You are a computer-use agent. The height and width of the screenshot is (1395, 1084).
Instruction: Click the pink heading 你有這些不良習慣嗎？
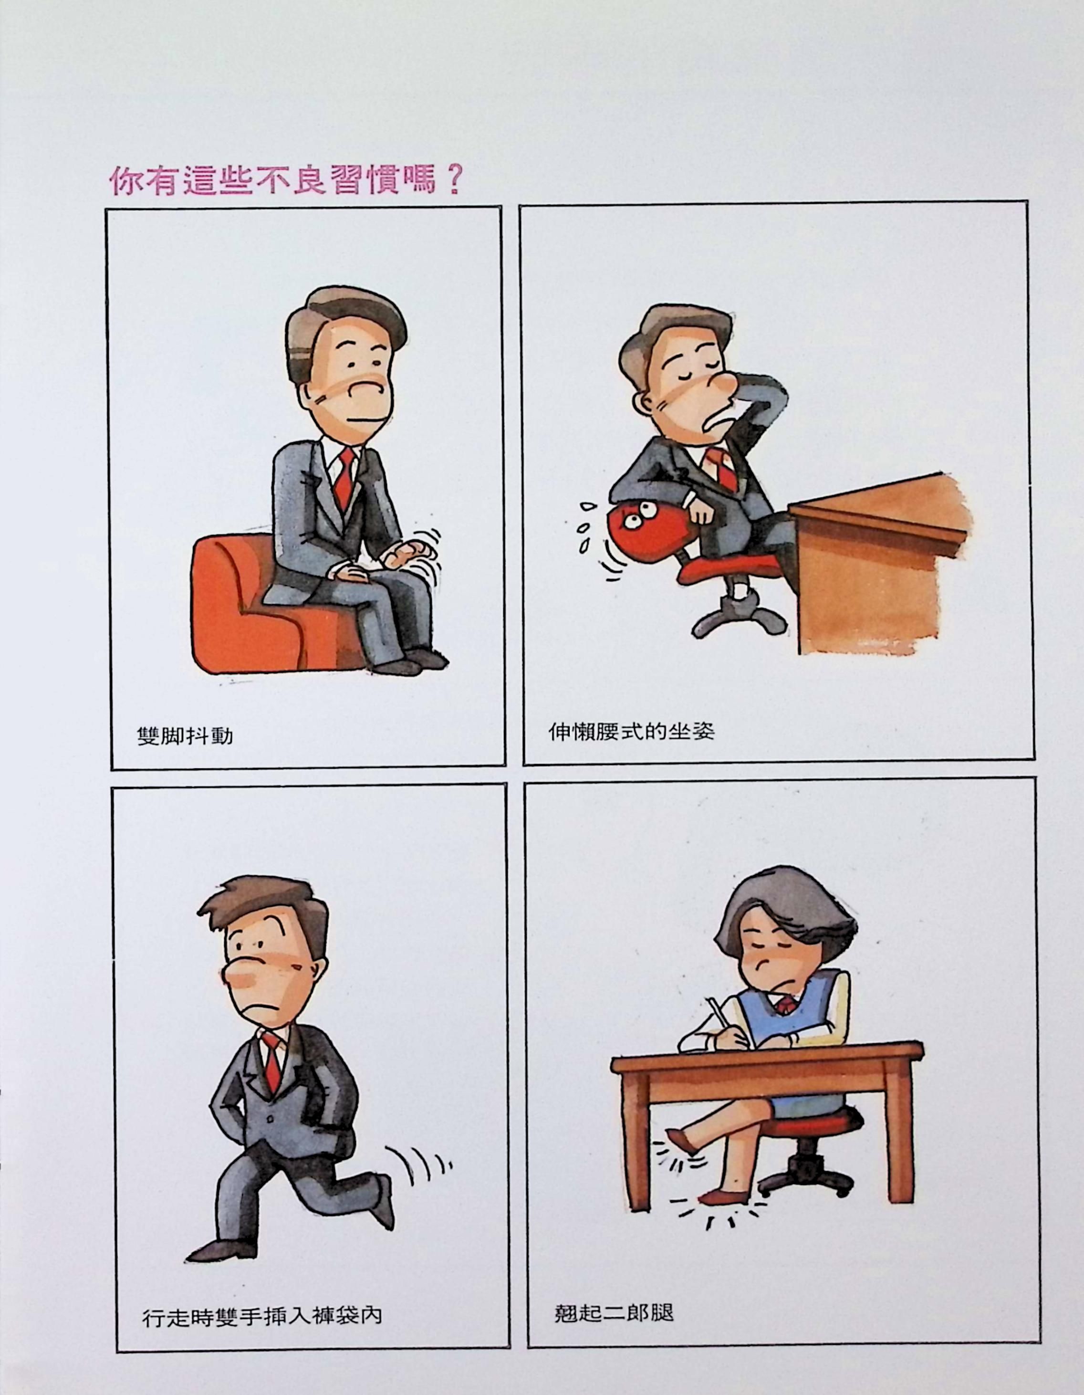point(285,180)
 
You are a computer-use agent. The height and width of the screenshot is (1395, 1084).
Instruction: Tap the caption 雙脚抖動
point(185,736)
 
